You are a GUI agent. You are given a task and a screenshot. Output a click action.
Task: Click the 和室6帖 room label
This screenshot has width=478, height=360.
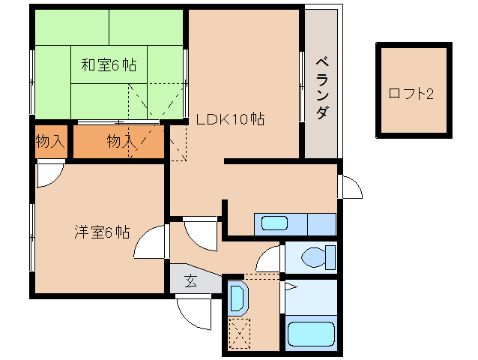click(x=109, y=65)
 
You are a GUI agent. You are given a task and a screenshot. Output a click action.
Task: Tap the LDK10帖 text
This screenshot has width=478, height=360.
click(x=229, y=118)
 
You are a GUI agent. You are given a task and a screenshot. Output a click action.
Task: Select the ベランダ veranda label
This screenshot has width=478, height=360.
click(x=321, y=87)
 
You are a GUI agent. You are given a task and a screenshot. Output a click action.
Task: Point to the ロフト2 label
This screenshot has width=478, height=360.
click(x=411, y=94)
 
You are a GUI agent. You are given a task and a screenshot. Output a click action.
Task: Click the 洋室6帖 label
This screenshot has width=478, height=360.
click(x=101, y=232)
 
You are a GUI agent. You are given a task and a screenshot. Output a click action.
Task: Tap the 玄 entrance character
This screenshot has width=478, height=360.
click(x=190, y=281)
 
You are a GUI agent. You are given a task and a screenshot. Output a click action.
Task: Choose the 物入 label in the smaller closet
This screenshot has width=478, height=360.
click(x=50, y=141)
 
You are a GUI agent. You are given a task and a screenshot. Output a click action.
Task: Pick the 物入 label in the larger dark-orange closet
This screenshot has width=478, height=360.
click(x=121, y=141)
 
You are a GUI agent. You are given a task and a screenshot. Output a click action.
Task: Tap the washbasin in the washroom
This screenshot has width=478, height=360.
click(x=238, y=298)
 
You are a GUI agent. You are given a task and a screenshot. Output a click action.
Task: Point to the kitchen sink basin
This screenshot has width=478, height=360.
click(x=273, y=223)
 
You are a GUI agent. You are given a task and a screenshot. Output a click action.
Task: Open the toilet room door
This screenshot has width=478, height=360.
click(x=267, y=261)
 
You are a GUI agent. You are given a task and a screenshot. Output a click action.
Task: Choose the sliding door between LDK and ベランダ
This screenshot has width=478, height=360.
click(x=301, y=82)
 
